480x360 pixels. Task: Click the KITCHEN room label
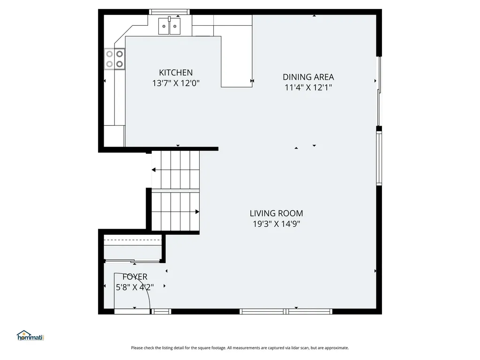click(176, 73)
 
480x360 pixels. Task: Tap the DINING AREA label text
click(308, 77)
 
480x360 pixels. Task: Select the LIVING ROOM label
click(276, 213)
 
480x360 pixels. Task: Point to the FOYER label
click(135, 277)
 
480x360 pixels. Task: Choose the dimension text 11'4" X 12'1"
click(308, 87)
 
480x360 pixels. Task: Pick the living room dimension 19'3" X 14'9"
click(276, 224)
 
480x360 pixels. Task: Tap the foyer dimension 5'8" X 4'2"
click(135, 287)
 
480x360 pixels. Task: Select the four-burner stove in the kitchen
click(115, 59)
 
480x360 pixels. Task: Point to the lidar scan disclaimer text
click(240, 348)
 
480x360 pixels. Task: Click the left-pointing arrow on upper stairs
click(154, 170)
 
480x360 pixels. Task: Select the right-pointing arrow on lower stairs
click(197, 212)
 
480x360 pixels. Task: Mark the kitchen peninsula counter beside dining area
click(237, 61)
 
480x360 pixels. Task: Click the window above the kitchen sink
click(170, 12)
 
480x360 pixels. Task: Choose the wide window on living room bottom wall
click(286, 311)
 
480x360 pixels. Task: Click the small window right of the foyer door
click(162, 311)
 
